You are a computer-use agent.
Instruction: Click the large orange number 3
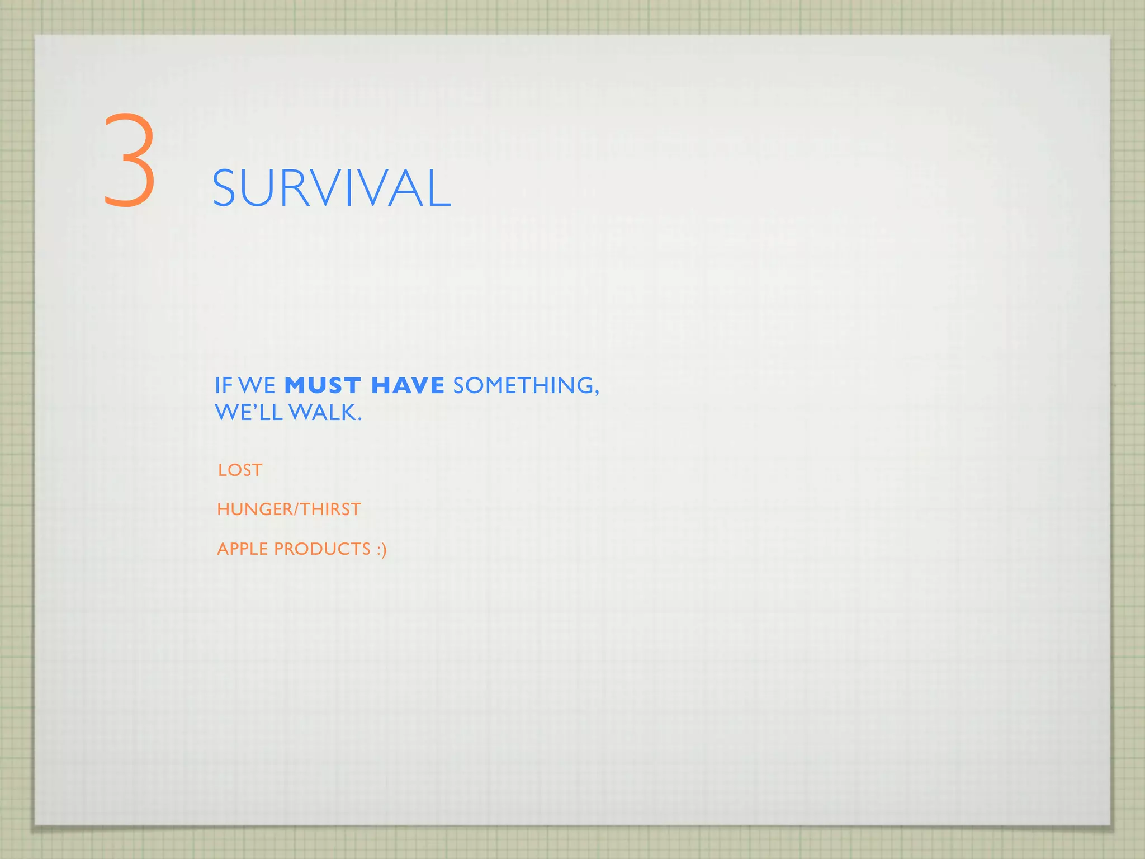[x=129, y=160]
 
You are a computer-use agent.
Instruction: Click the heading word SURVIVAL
[x=332, y=189]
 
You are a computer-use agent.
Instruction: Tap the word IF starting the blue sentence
[x=224, y=386]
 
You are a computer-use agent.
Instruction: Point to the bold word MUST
[x=323, y=386]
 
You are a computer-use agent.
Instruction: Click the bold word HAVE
[x=408, y=386]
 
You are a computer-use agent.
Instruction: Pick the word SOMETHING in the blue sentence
[x=523, y=386]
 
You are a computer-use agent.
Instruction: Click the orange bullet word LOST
[x=240, y=470]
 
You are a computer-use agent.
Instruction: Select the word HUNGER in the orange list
[x=254, y=509]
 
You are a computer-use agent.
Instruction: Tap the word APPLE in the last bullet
[x=243, y=549]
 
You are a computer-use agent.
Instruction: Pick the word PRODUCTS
[x=322, y=549]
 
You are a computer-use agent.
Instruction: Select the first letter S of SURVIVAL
[x=226, y=189]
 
